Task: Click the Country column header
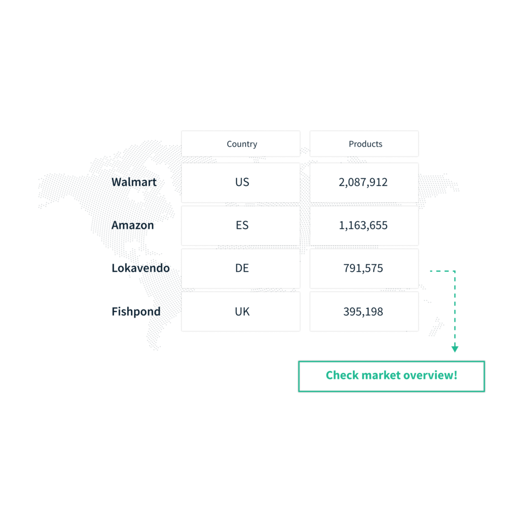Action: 242,144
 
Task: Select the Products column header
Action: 365,144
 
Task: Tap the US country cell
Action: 242,182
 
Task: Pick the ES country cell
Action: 242,225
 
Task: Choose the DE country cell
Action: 242,268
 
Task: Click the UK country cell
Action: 242,312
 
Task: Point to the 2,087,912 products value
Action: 363,182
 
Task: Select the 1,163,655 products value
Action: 363,225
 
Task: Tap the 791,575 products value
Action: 363,268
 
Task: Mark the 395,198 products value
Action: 363,312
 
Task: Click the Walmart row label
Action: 134,182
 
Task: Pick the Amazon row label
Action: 133,225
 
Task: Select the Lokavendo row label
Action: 140,268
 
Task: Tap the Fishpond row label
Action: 135,312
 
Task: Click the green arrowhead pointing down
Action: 455,349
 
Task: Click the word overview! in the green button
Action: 430,376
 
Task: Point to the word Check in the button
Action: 342,376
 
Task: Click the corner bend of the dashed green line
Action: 455,271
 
